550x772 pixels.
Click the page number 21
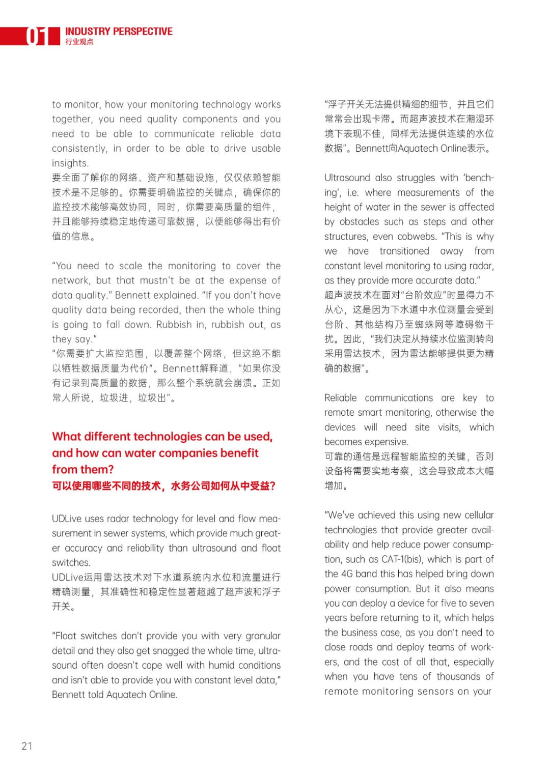[x=27, y=746]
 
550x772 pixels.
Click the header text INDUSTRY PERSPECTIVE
[x=119, y=32]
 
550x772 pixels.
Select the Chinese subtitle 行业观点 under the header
[x=79, y=42]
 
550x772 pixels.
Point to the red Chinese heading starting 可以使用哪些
[x=163, y=486]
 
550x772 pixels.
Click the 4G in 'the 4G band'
[x=347, y=574]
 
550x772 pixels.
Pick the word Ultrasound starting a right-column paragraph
[x=347, y=178]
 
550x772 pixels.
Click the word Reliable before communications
[x=340, y=398]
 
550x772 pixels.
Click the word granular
[x=263, y=636]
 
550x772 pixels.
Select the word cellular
[x=476, y=515]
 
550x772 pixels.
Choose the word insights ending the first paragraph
[x=69, y=163]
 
